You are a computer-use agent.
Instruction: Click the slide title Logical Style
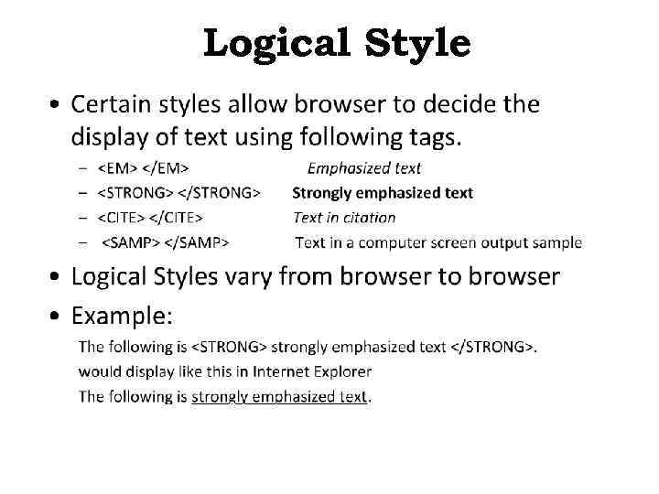click(337, 42)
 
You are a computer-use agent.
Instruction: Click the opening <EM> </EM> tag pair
click(144, 168)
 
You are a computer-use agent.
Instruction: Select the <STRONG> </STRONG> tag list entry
click(179, 193)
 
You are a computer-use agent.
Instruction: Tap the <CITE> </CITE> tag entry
click(150, 218)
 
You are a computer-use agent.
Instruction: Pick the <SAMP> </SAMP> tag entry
click(165, 242)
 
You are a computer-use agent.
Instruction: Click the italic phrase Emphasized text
click(364, 168)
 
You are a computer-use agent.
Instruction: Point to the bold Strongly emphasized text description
click(383, 193)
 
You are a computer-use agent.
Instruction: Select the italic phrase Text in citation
click(344, 218)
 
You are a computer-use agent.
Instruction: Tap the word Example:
click(122, 317)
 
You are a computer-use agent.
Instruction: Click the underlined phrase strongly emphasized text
click(278, 397)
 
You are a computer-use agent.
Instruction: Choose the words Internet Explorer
click(312, 372)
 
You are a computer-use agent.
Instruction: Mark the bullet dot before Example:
click(57, 317)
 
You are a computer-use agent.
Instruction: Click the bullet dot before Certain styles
click(57, 105)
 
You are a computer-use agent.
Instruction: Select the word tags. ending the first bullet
click(432, 138)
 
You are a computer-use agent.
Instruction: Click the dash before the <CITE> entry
click(83, 218)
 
